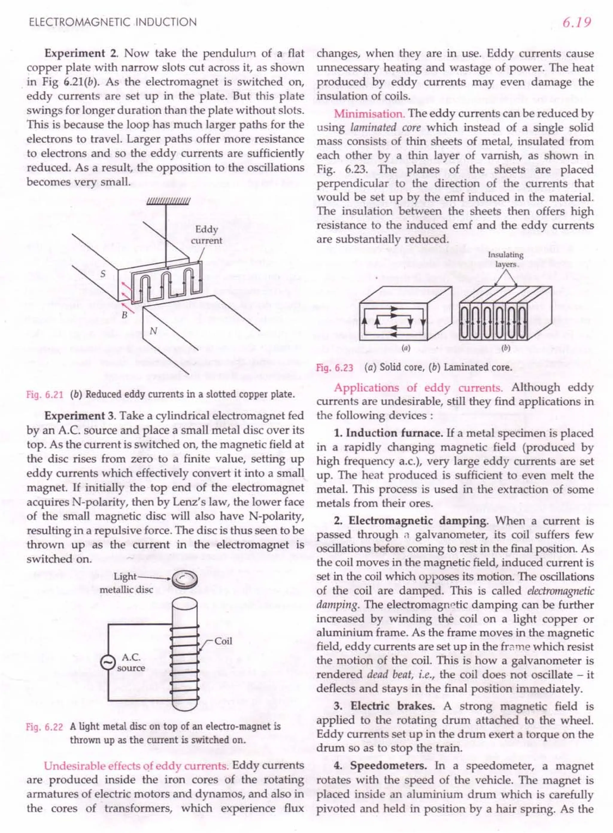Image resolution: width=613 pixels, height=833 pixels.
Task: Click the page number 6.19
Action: pyautogui.click(x=576, y=23)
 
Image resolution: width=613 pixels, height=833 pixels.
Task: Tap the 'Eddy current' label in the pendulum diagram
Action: pyautogui.click(x=206, y=235)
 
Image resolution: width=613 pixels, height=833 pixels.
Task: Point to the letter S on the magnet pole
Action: pyautogui.click(x=103, y=274)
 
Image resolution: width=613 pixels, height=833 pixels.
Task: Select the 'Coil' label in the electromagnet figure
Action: pyautogui.click(x=223, y=641)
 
